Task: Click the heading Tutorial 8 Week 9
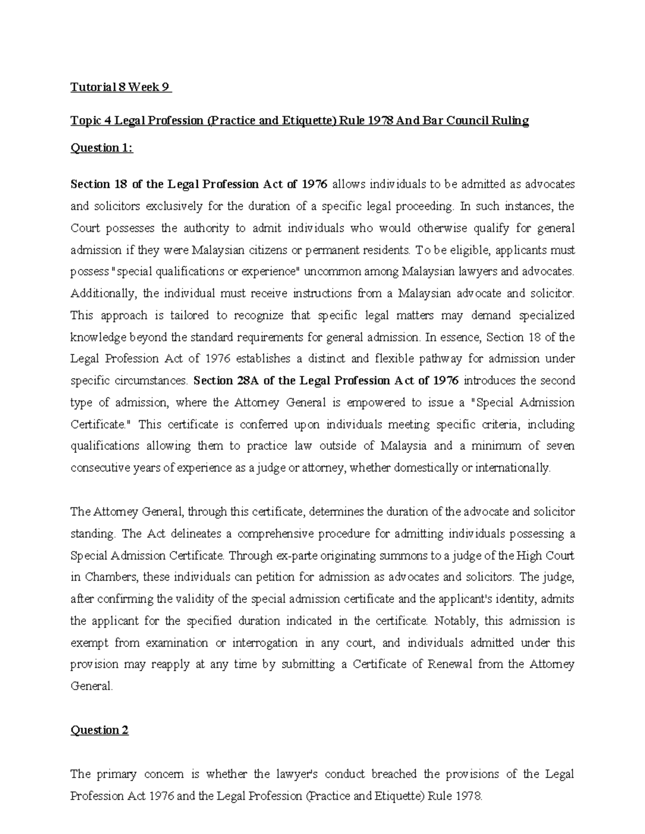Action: (x=121, y=87)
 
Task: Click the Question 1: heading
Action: (x=102, y=148)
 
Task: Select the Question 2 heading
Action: (x=99, y=730)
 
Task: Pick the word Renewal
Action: (x=450, y=664)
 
